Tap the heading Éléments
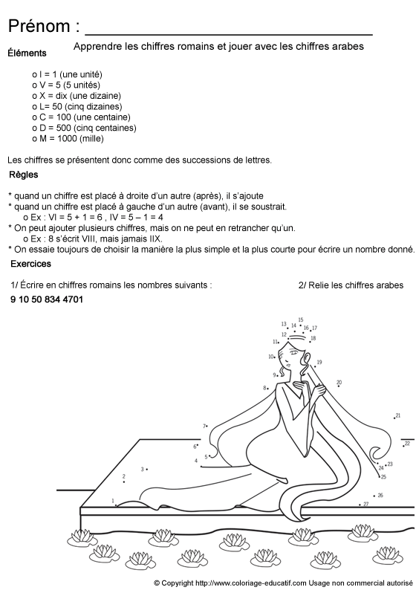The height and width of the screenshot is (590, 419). click(26, 54)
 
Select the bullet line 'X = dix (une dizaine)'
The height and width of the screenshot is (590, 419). click(77, 96)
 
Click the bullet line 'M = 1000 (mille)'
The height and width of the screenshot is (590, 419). click(68, 137)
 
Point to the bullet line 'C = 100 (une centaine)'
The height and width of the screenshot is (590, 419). click(81, 117)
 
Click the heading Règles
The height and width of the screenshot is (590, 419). click(24, 175)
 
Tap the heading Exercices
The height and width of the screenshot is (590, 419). click(30, 264)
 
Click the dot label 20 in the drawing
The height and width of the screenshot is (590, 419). click(339, 382)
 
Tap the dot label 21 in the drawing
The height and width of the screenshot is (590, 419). click(397, 415)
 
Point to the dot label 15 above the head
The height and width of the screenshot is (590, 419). click(300, 320)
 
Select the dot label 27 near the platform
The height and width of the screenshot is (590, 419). click(365, 504)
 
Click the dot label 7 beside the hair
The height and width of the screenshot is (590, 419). click(204, 426)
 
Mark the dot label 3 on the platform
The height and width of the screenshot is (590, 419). click(142, 469)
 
